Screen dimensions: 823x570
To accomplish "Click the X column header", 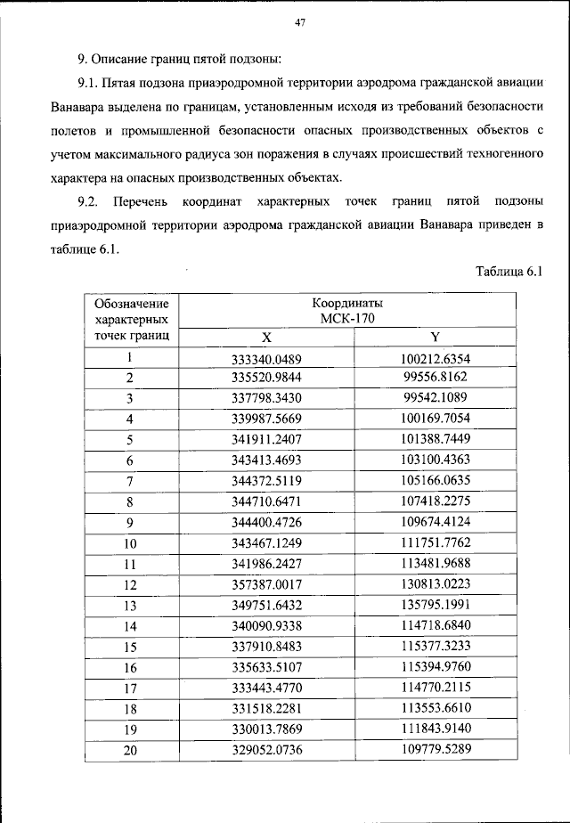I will pos(265,338).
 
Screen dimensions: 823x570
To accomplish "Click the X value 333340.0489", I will pos(265,358).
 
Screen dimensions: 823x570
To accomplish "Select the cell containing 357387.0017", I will pos(265,584).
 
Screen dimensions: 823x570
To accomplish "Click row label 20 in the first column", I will pos(130,750).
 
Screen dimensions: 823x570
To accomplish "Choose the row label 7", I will pos(130,482).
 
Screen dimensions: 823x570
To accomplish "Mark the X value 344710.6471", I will pos(265,502).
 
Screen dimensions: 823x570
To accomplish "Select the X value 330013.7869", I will pos(265,729).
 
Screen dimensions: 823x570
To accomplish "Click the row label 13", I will pos(130,606).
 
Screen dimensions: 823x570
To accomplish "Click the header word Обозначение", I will pos(130,303).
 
